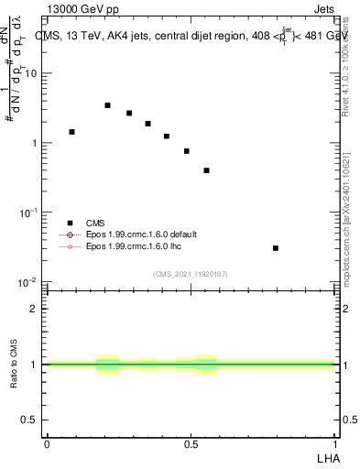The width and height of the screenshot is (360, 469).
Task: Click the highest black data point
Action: tap(107, 105)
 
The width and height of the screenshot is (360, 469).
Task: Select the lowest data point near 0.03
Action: tap(276, 248)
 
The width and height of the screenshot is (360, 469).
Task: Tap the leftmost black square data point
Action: tap(71, 132)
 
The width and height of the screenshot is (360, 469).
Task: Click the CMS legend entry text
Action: tap(95, 223)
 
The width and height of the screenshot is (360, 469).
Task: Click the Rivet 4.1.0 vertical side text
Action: tap(345, 64)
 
